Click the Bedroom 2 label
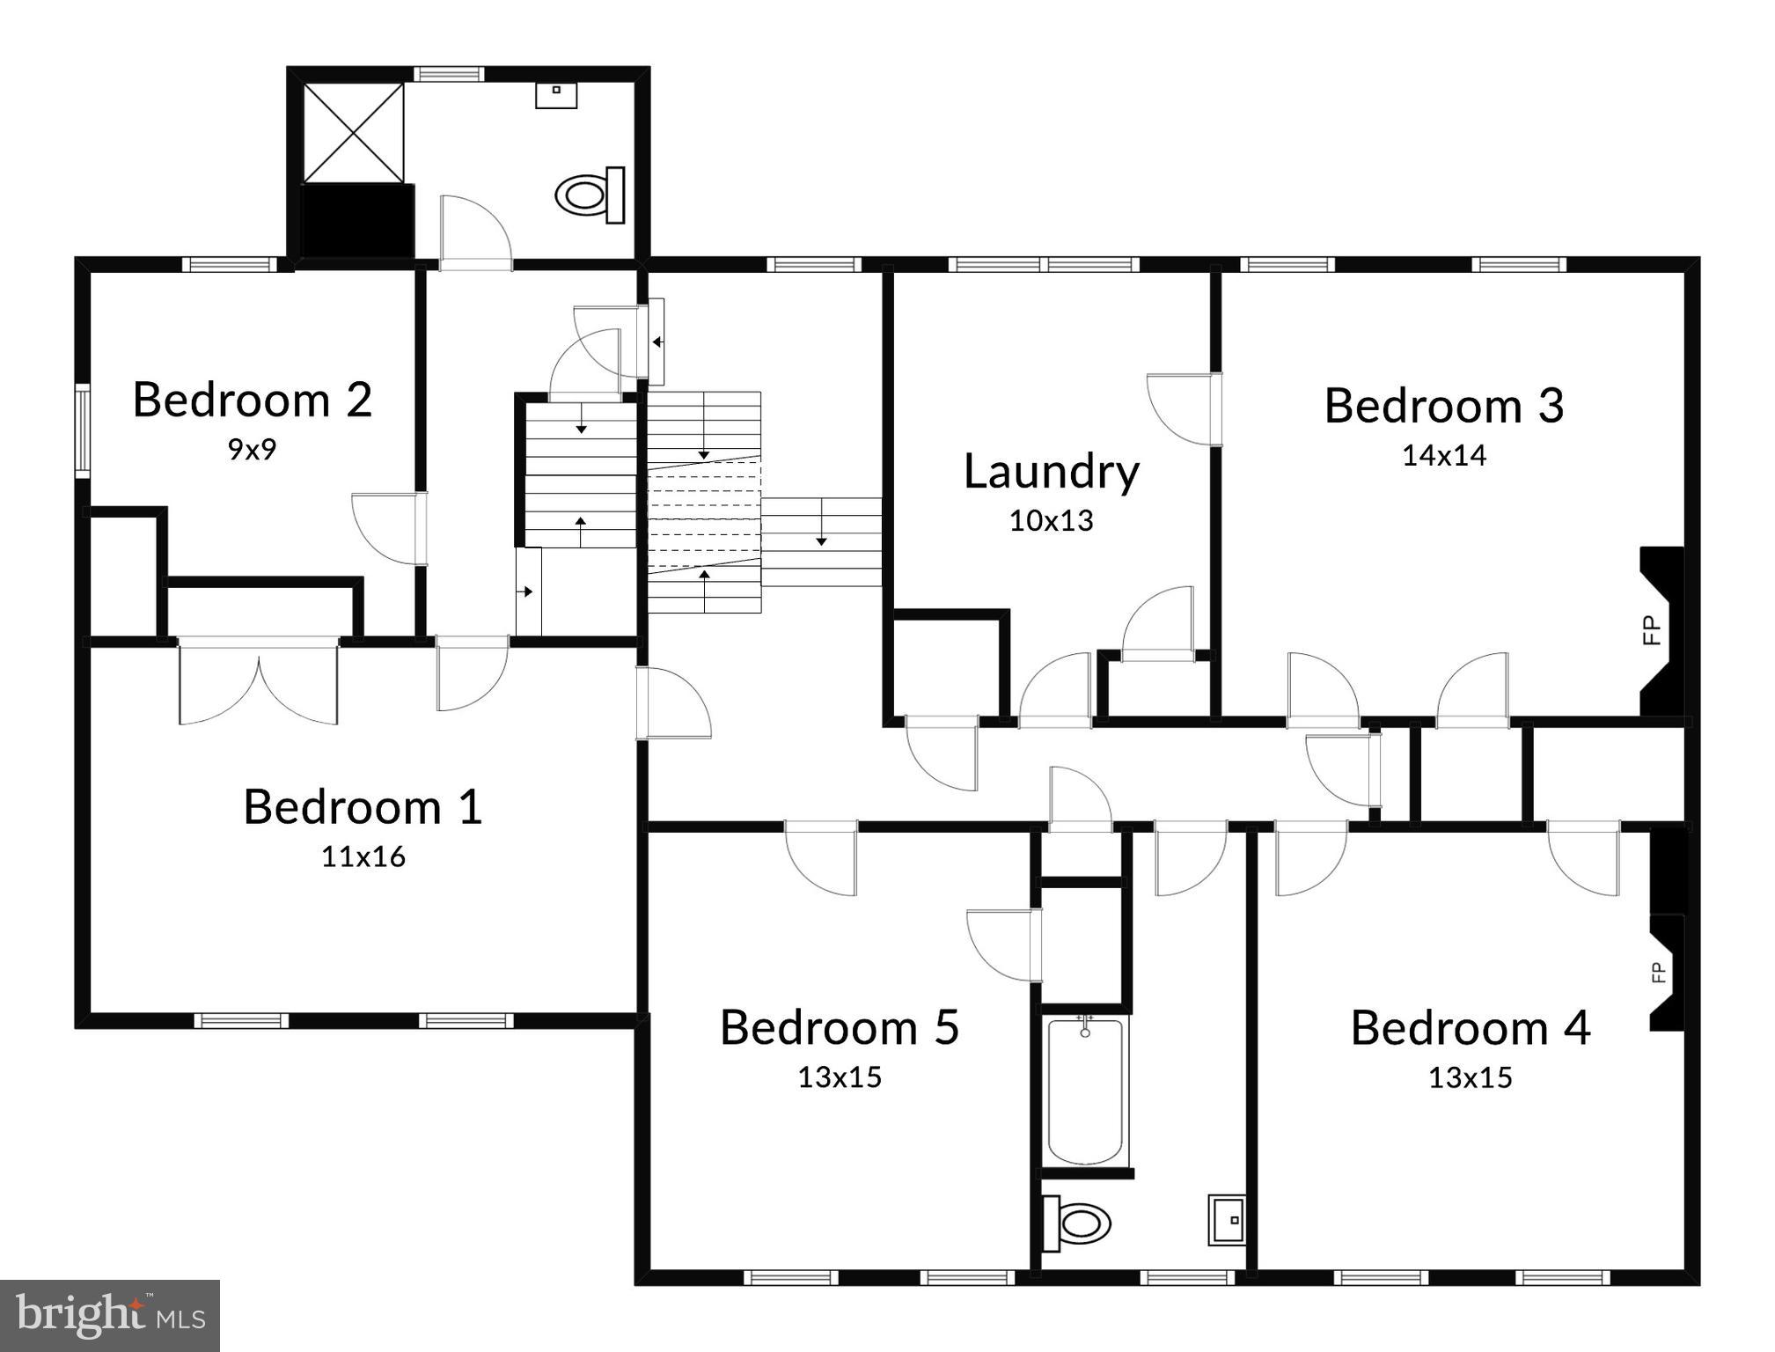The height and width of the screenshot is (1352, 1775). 253,400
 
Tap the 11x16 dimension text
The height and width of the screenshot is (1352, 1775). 363,856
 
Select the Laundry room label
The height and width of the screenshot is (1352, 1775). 1051,472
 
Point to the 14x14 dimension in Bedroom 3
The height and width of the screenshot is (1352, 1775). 1443,455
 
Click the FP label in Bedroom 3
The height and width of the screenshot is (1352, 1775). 1651,630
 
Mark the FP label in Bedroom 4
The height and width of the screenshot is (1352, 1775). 1658,972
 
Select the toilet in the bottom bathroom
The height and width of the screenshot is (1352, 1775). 1075,1223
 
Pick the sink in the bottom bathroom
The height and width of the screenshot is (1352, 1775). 1227,1219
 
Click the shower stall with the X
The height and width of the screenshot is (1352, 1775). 353,133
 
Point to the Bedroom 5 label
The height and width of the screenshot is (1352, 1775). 840,1027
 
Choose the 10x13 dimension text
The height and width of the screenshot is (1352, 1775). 1051,521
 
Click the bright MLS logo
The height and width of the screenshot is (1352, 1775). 109,1315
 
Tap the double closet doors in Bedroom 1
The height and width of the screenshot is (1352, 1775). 258,683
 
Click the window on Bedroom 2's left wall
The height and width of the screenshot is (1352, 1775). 82,430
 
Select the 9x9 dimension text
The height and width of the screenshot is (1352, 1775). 252,450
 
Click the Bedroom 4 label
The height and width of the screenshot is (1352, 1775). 1470,1028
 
